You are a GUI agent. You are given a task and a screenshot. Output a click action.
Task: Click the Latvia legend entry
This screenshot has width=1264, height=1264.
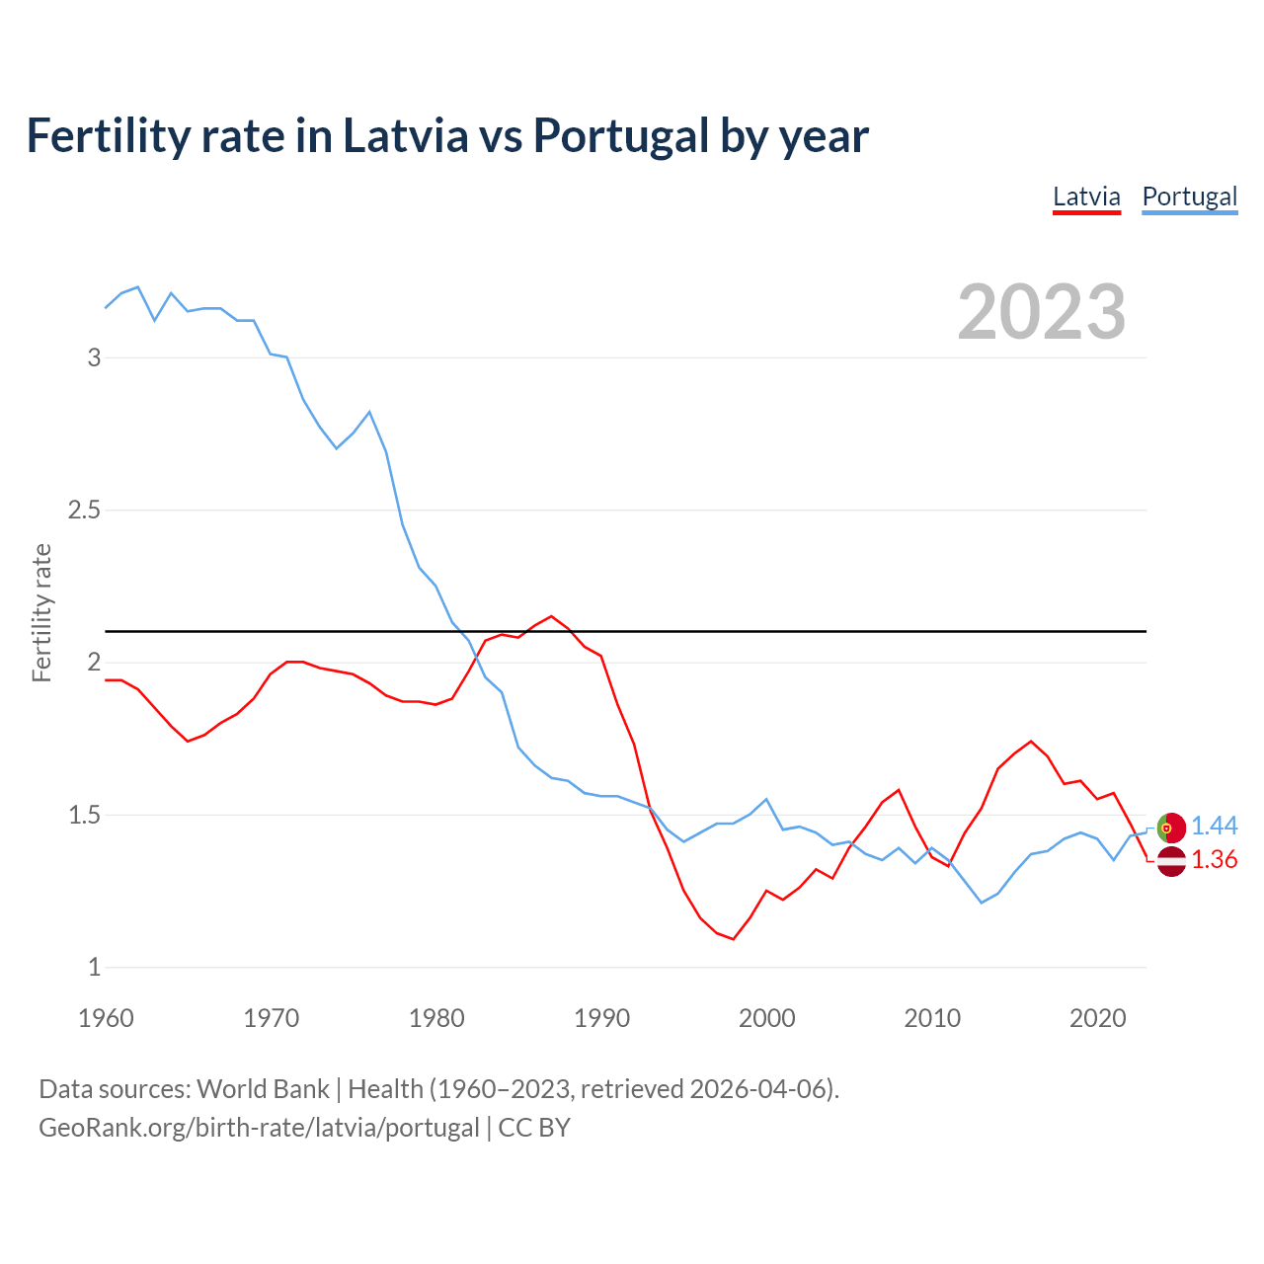tap(1086, 197)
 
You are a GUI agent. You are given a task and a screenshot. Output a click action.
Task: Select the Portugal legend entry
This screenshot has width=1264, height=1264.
tap(1189, 197)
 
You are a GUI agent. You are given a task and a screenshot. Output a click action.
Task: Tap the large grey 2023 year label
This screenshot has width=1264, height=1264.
tap(1042, 312)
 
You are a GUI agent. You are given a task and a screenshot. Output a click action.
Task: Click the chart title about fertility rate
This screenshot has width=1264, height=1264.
tap(447, 135)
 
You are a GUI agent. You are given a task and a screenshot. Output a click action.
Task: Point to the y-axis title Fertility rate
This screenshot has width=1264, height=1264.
tap(41, 612)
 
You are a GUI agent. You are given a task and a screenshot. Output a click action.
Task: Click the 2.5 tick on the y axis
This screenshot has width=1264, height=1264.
tap(84, 511)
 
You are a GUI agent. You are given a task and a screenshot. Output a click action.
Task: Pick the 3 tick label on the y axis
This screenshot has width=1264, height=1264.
tap(95, 357)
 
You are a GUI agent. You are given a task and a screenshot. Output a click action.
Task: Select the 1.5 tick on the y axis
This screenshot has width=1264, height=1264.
tap(84, 816)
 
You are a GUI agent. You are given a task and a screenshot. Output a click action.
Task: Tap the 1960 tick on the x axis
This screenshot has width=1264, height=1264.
tap(106, 1018)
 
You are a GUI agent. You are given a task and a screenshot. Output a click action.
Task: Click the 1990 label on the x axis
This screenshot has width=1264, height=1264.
tap(601, 1018)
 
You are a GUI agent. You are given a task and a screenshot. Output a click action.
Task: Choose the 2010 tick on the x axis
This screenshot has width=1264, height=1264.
tap(932, 1018)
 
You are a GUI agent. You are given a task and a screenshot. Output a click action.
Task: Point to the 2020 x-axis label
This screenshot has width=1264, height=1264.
tap(1097, 1018)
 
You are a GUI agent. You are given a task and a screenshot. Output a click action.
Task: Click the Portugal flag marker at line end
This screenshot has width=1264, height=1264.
tap(1171, 828)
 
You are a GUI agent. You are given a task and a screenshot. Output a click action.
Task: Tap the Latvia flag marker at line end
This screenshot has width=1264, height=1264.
tap(1171, 861)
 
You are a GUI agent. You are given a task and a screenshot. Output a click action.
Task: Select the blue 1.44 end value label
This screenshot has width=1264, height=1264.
tap(1214, 827)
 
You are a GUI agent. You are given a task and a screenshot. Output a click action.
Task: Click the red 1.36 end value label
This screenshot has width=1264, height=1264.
tap(1214, 860)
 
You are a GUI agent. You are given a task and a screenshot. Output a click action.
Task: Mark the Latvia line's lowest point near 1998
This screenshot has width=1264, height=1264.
tap(733, 939)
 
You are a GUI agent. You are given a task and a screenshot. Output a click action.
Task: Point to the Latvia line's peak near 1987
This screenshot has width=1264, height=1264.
tap(551, 616)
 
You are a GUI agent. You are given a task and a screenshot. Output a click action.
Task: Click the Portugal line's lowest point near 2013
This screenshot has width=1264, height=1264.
tap(982, 903)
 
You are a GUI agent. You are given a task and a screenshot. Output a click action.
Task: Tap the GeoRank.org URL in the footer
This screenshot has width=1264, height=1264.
tap(259, 1128)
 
